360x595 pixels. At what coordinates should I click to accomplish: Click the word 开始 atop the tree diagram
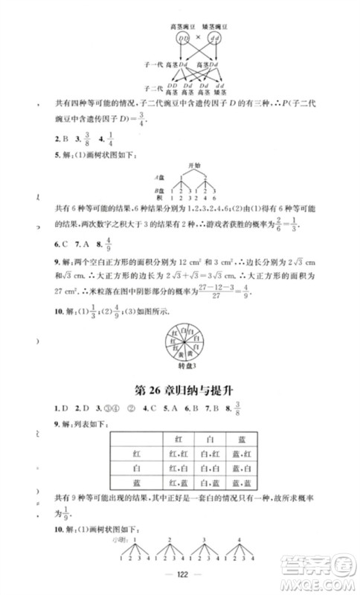(x=195, y=162)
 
